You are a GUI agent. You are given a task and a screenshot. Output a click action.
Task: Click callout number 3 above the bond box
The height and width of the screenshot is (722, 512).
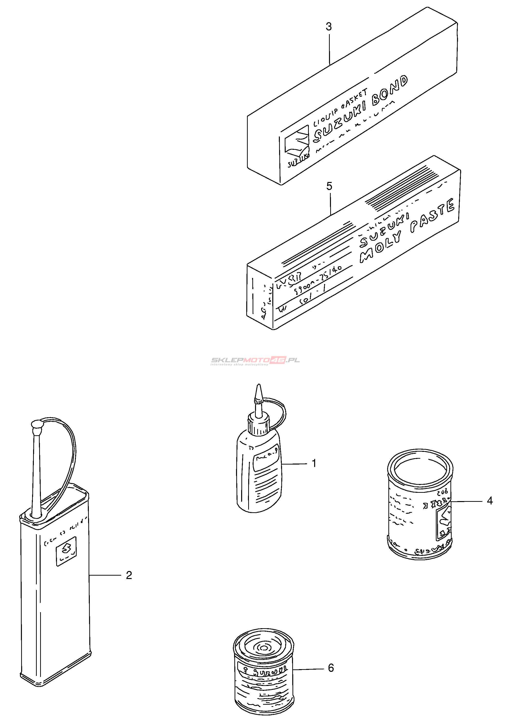point(329,27)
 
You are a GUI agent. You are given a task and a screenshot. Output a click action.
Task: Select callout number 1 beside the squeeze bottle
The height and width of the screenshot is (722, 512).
point(314,463)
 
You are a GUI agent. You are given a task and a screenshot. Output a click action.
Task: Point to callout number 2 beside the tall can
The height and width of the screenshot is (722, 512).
point(129,575)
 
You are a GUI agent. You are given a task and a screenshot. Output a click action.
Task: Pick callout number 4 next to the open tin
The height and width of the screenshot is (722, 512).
point(490,501)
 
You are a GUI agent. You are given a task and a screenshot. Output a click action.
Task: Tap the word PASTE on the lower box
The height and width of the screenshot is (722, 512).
point(433,216)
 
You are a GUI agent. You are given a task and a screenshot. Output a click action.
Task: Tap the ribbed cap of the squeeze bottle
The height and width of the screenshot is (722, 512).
point(258,425)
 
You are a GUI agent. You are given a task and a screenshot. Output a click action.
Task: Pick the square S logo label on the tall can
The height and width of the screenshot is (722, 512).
point(66,551)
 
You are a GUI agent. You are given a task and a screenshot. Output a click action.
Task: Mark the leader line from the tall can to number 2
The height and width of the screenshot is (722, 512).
point(105,575)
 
